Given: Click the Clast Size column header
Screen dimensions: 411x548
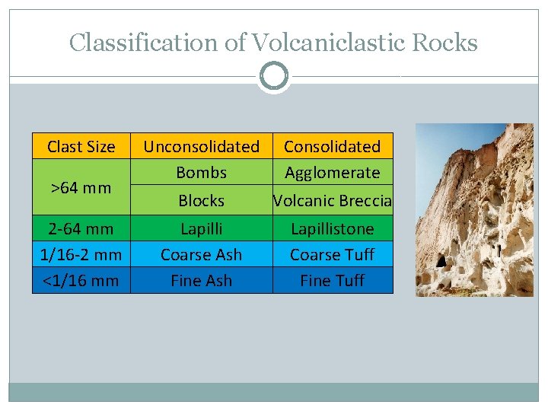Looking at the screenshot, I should (x=81, y=146).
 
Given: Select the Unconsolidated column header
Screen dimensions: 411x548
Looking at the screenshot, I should (x=201, y=146).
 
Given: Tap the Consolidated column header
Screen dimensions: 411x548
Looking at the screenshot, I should (x=332, y=146).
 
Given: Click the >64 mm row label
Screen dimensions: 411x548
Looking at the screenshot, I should (x=81, y=187).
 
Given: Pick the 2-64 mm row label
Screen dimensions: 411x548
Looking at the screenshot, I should (x=81, y=228).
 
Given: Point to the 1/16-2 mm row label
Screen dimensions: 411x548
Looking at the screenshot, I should (x=81, y=254).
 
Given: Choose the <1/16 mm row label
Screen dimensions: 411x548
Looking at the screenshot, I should (x=81, y=280).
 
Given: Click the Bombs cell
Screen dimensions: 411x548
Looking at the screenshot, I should (x=201, y=173).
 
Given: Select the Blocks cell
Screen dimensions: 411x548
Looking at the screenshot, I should (x=201, y=200).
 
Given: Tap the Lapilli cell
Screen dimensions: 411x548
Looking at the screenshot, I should (x=201, y=228).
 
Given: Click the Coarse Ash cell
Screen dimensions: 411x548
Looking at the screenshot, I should (x=201, y=254).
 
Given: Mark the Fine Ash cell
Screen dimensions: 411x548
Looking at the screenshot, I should (x=201, y=280).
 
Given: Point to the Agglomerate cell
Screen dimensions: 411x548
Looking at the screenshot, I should (x=332, y=173).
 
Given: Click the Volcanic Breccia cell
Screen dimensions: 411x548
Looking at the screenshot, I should (x=332, y=200).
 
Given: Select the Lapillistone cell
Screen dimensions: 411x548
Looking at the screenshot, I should (x=332, y=228).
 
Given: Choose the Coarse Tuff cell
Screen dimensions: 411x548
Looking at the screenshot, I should (x=332, y=254).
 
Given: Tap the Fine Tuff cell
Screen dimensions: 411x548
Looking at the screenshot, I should (x=332, y=280).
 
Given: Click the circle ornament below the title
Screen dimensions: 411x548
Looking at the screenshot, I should (x=274, y=76).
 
